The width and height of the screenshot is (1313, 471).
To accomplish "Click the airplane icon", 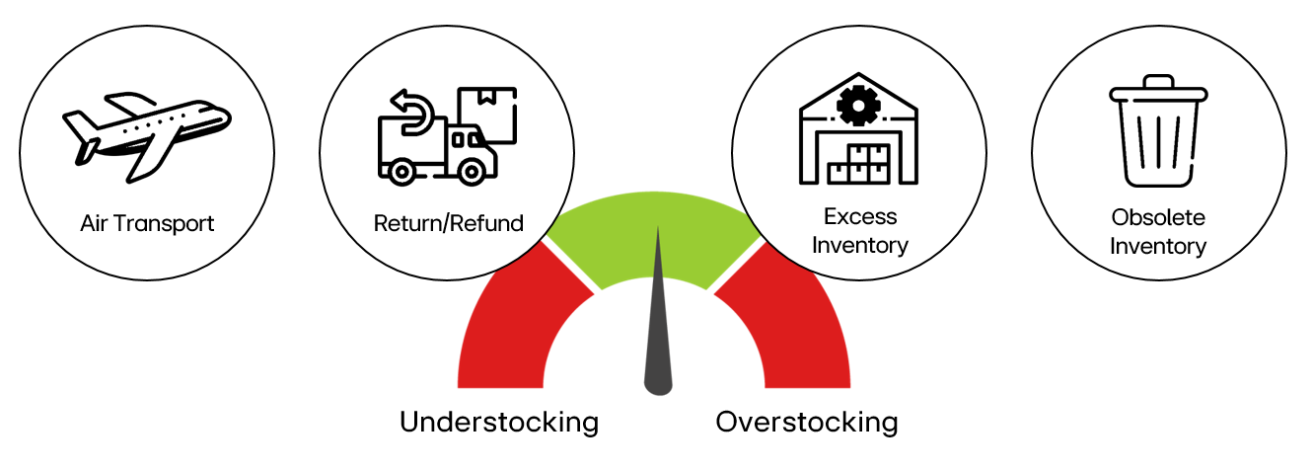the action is click(147, 136).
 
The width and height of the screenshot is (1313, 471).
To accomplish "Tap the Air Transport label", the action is click(147, 224).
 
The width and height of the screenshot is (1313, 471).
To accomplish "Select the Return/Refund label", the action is click(449, 223).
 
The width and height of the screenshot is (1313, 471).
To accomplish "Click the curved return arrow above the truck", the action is click(413, 113).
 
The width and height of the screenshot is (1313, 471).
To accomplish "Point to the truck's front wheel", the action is click(471, 172).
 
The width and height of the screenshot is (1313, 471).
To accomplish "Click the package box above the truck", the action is click(487, 115).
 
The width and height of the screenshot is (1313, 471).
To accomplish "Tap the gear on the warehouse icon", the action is click(858, 106).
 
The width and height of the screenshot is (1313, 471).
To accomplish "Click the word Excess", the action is click(860, 216).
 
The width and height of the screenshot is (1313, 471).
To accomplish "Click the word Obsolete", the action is click(1158, 217).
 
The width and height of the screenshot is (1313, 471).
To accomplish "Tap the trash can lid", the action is click(1158, 90).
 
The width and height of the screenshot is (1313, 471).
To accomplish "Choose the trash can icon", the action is click(1158, 130).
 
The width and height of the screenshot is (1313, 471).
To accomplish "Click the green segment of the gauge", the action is click(654, 235).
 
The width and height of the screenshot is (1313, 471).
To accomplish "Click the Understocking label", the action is click(499, 423).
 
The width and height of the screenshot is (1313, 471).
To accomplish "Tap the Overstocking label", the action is click(807, 423).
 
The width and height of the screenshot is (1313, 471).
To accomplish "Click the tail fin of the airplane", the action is click(82, 126).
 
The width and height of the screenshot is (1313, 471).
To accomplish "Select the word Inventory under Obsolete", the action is click(1158, 246).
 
